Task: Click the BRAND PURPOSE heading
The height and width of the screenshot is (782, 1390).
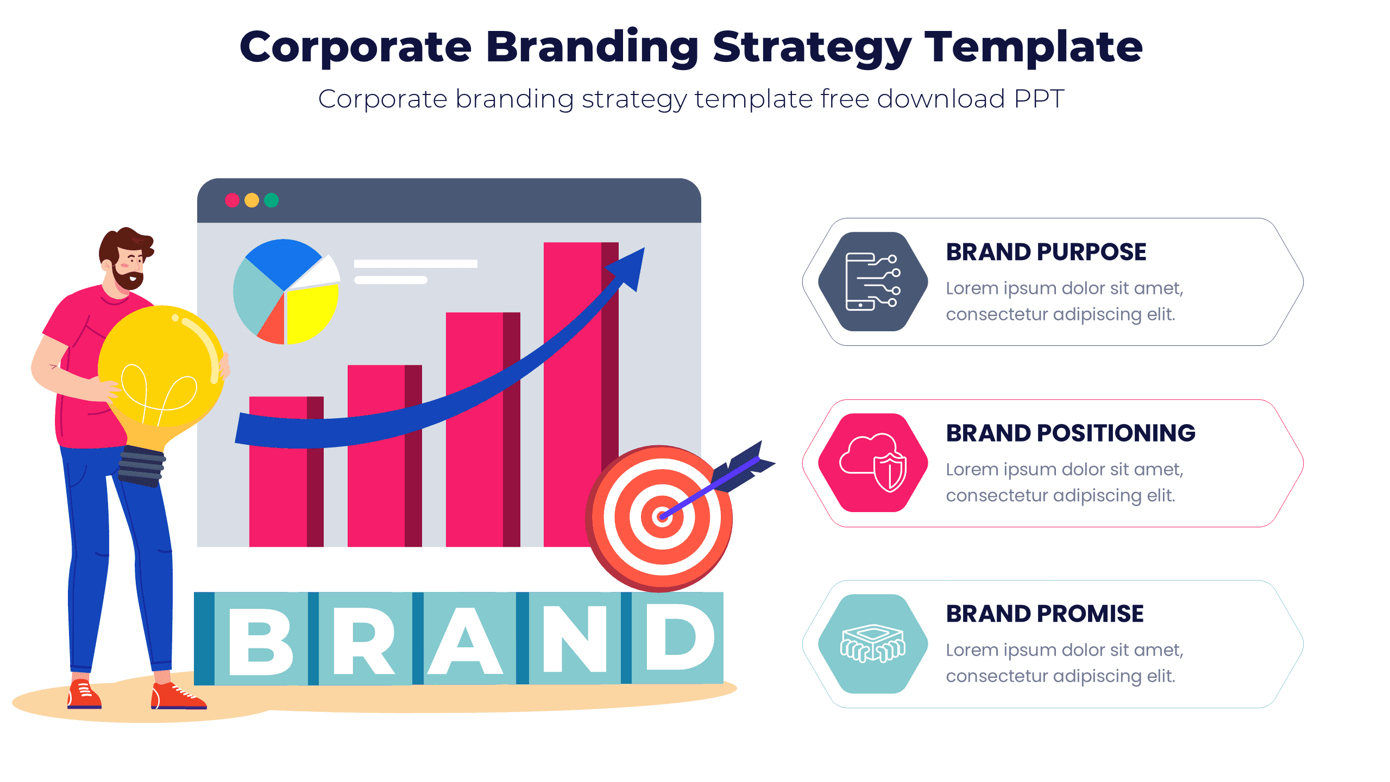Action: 1046,252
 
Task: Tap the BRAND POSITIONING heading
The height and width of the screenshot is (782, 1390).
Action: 1070,433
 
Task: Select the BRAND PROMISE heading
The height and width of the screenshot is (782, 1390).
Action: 1044,614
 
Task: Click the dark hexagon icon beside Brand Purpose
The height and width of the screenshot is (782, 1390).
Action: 873,281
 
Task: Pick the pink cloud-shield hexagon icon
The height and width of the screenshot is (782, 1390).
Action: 873,463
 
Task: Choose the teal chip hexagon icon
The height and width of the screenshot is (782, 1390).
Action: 873,644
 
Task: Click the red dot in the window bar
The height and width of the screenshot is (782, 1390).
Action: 232,200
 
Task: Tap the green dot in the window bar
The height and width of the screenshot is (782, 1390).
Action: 271,200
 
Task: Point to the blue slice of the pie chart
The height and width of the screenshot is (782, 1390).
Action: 282,261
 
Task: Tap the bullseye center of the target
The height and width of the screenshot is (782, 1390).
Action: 662,516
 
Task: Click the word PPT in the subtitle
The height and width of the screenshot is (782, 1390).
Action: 1039,99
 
